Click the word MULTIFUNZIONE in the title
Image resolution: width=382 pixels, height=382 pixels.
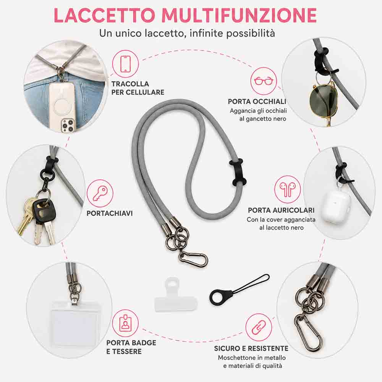239,15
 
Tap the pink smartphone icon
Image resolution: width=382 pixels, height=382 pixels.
125,63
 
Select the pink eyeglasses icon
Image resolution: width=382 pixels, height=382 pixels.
263,81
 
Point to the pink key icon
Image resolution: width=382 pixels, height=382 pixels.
100,193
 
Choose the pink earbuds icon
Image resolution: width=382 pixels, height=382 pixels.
288,189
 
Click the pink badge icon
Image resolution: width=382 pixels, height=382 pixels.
125,323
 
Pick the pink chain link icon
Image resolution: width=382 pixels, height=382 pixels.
259,327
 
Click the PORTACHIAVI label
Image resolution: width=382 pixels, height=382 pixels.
110,214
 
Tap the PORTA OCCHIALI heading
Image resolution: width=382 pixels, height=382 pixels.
257,102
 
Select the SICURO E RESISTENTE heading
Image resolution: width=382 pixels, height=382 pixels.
251,348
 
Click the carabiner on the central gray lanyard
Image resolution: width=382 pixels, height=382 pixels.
194,258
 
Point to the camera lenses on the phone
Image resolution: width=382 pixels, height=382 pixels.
67,125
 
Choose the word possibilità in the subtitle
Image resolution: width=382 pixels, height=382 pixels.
251,33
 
